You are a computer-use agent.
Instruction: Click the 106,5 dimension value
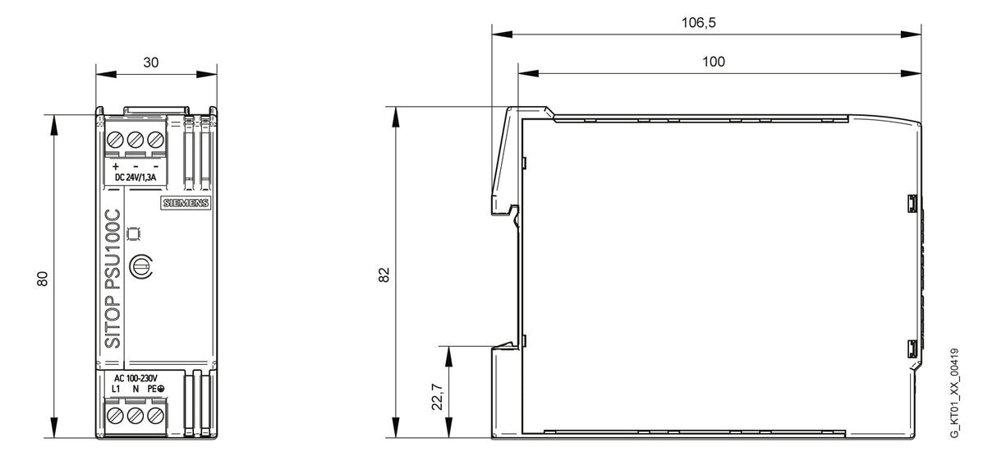pyautogui.click(x=698, y=22)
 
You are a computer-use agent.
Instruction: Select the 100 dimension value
pyautogui.click(x=714, y=62)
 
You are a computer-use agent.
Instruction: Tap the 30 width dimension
pyautogui.click(x=151, y=62)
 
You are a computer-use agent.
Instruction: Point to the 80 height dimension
pyautogui.click(x=42, y=279)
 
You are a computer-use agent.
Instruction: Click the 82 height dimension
pyautogui.click(x=384, y=275)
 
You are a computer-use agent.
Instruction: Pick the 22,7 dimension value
pyautogui.click(x=437, y=397)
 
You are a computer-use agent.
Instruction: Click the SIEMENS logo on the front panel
pyautogui.click(x=186, y=203)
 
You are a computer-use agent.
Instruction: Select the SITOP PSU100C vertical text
pyautogui.click(x=113, y=279)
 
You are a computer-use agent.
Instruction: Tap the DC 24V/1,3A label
pyautogui.click(x=136, y=178)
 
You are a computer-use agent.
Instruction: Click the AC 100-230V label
pyautogui.click(x=136, y=379)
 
